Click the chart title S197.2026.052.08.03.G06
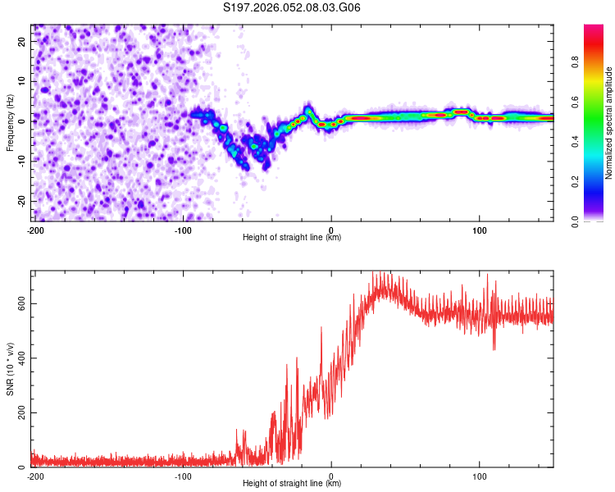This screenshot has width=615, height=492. click(292, 8)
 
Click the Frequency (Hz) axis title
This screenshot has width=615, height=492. click(11, 122)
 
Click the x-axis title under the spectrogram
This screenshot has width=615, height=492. click(292, 238)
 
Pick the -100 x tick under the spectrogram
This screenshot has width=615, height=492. click(183, 230)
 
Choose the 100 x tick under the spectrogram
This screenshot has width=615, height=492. click(480, 230)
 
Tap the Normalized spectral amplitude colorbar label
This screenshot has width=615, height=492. click(609, 123)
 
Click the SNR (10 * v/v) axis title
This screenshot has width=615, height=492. click(11, 369)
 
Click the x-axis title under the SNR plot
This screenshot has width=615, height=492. click(292, 484)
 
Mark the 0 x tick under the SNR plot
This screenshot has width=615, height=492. click(331, 476)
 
